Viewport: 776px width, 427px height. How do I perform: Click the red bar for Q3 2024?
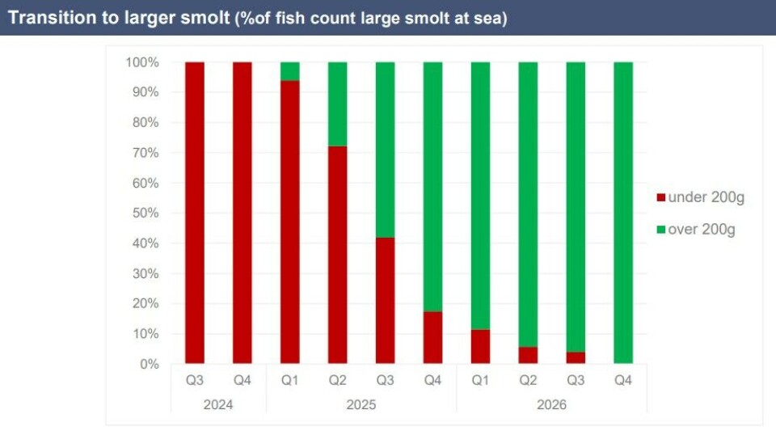[195, 213]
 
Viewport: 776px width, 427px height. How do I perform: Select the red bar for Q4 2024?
[242, 213]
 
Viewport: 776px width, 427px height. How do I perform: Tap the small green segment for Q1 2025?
[290, 71]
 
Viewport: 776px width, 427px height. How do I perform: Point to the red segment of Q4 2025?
[433, 337]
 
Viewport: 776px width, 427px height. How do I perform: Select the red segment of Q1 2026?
[481, 347]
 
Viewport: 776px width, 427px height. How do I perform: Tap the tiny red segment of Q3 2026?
[576, 358]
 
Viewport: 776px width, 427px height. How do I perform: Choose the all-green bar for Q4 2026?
[623, 213]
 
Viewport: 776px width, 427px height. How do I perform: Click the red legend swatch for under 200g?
[660, 198]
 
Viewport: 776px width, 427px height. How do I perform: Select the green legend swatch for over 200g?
[660, 230]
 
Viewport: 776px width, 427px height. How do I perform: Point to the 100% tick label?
[141, 62]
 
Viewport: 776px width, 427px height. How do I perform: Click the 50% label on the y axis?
[145, 213]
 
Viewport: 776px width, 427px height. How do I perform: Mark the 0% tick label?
[148, 364]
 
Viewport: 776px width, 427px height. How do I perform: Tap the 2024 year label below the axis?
[218, 403]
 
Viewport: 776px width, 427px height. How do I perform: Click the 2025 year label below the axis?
[361, 403]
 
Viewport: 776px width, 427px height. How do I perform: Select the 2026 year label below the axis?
[552, 403]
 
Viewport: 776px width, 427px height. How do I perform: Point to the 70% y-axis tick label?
[145, 153]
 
